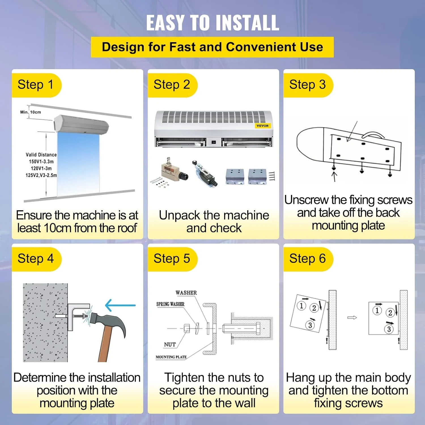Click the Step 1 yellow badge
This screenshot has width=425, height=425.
click(36, 85)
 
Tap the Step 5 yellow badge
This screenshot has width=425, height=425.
click(172, 259)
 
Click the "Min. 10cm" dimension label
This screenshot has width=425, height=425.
click(31, 112)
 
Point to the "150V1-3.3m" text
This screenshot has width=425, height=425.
click(41, 161)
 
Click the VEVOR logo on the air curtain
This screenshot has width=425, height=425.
click(263, 126)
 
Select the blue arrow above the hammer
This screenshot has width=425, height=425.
click(120, 305)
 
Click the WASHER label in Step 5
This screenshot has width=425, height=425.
click(186, 293)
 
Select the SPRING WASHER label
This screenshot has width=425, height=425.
click(170, 304)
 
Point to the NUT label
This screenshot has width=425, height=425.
click(170, 345)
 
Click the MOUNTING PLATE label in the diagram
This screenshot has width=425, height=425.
click(171, 357)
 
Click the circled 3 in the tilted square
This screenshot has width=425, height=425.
click(310, 325)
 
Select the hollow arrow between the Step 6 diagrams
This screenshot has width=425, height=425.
click(352, 318)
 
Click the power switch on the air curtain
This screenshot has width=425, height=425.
click(214, 142)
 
